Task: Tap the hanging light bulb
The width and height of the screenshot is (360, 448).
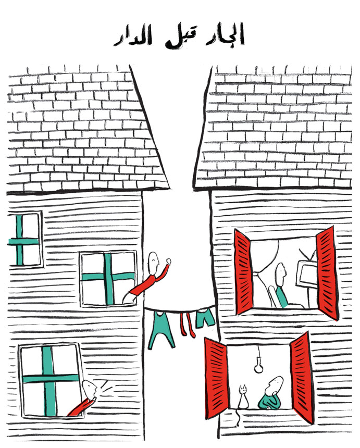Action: click(x=259, y=367)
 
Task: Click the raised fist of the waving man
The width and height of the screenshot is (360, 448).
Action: click(x=168, y=261)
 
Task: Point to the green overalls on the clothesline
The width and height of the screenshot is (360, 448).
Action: click(x=161, y=329)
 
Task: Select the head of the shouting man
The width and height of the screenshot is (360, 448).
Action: click(x=90, y=389)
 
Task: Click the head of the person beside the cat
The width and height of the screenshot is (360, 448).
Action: click(x=275, y=385)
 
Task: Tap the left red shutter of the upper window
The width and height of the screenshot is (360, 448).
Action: click(x=243, y=272)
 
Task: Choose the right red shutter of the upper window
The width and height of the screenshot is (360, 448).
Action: click(x=326, y=273)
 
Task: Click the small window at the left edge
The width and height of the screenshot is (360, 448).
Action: click(x=24, y=240)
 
